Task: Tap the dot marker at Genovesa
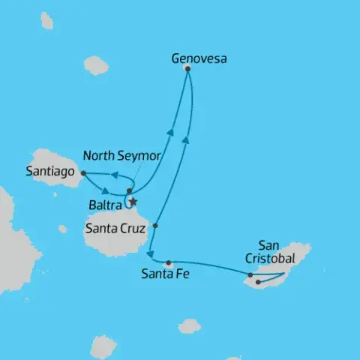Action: (x=187, y=69)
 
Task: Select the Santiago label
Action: (x=49, y=172)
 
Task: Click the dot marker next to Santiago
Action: (x=82, y=173)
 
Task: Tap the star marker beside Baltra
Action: (x=133, y=201)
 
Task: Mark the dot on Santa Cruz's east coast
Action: (x=155, y=225)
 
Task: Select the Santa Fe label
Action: (x=164, y=274)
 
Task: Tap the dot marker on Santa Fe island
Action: (x=169, y=262)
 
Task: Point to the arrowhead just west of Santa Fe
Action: (x=150, y=255)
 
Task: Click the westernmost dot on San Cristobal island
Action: (x=250, y=276)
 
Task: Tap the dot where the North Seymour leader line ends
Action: (x=129, y=190)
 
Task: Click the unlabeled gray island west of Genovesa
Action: (x=96, y=66)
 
